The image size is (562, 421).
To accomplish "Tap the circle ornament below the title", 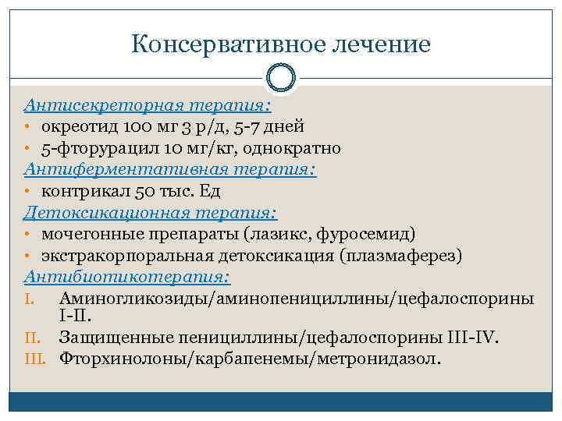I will click(x=281, y=78).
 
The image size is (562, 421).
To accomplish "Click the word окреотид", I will click(x=79, y=126).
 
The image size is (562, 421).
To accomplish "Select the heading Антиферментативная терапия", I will click(x=170, y=168).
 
